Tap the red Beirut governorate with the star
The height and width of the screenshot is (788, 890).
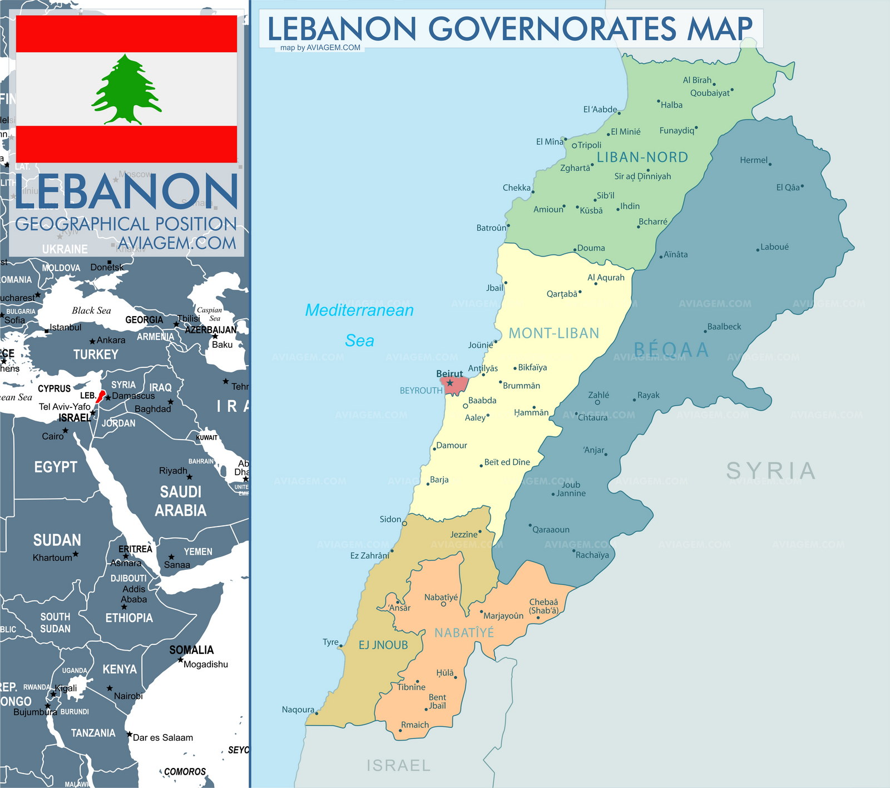[x=454, y=384]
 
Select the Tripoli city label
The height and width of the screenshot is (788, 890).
[x=589, y=145]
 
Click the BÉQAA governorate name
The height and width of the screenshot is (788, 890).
[x=671, y=349]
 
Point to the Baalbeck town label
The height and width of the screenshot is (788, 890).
[x=724, y=327]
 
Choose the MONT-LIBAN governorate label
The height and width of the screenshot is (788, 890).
[x=554, y=333]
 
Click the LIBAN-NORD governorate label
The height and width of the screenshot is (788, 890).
[x=642, y=157]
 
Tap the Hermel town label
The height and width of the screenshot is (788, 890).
[x=753, y=160]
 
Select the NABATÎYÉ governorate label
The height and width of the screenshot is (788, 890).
[x=464, y=633]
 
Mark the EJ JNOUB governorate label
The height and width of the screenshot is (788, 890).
[x=383, y=645]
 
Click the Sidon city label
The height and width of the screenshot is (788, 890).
[x=390, y=519]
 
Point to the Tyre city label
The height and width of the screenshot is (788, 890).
[x=330, y=642]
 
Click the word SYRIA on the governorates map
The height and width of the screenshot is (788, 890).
[x=770, y=471]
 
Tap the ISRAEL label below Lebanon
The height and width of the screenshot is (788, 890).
[x=398, y=766]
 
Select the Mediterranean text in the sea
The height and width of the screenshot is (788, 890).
[x=359, y=310]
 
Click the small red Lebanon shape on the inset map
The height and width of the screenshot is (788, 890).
[x=101, y=396]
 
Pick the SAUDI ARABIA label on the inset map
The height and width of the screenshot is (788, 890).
[x=180, y=501]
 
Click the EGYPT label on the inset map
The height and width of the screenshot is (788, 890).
[x=55, y=467]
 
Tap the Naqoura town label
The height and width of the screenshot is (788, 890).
[x=298, y=710]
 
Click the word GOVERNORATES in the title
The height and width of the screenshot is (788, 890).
[x=552, y=29]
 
